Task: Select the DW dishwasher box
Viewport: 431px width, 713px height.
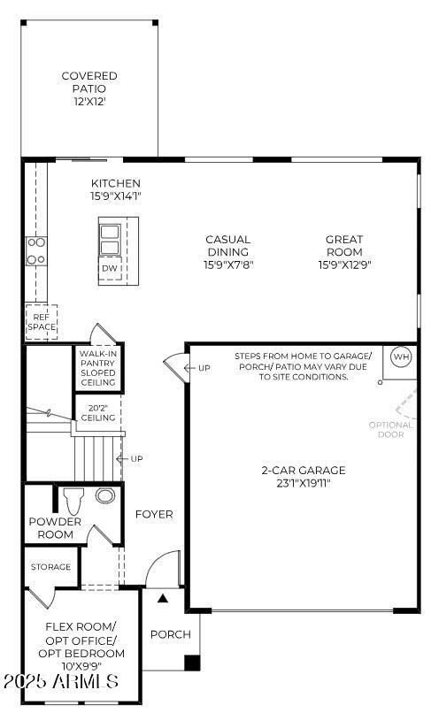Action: click(x=110, y=268)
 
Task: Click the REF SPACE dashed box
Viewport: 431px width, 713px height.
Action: click(x=41, y=321)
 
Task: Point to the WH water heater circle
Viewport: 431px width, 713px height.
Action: click(x=402, y=356)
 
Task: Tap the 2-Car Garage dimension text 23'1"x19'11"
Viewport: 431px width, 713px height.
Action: click(x=303, y=484)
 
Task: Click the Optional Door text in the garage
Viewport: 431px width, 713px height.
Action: click(x=390, y=429)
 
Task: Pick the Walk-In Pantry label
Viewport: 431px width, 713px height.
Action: click(x=97, y=367)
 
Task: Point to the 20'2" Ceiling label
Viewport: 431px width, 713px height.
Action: click(x=98, y=411)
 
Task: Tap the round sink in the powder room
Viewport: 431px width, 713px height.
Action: click(x=105, y=495)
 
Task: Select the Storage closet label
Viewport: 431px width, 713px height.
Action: click(x=50, y=567)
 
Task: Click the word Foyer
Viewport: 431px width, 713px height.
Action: click(x=154, y=514)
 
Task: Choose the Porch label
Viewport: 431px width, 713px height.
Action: click(x=170, y=634)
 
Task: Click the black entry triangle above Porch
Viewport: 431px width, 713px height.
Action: click(x=162, y=600)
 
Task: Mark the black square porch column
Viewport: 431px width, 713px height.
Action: click(x=192, y=663)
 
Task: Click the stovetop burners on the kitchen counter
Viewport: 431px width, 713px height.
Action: click(x=36, y=250)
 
